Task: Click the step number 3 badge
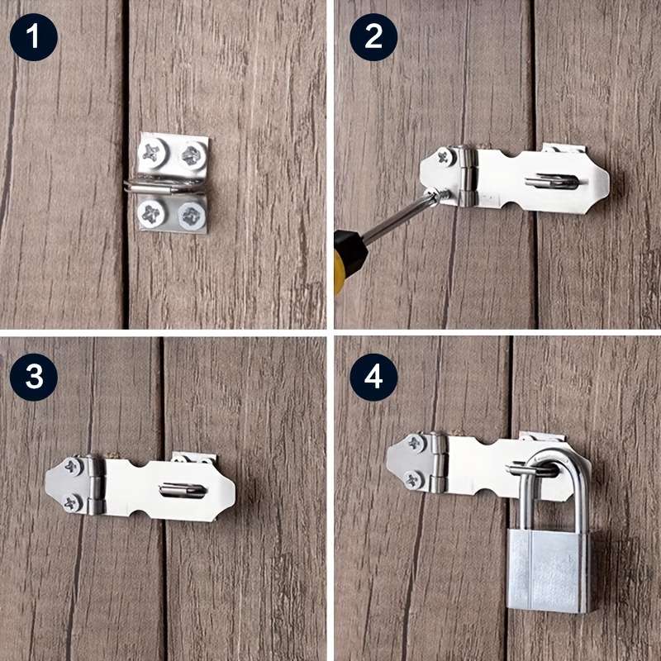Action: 34,377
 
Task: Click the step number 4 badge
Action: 373,377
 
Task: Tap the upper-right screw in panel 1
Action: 191,152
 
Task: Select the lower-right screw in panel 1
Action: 190,216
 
